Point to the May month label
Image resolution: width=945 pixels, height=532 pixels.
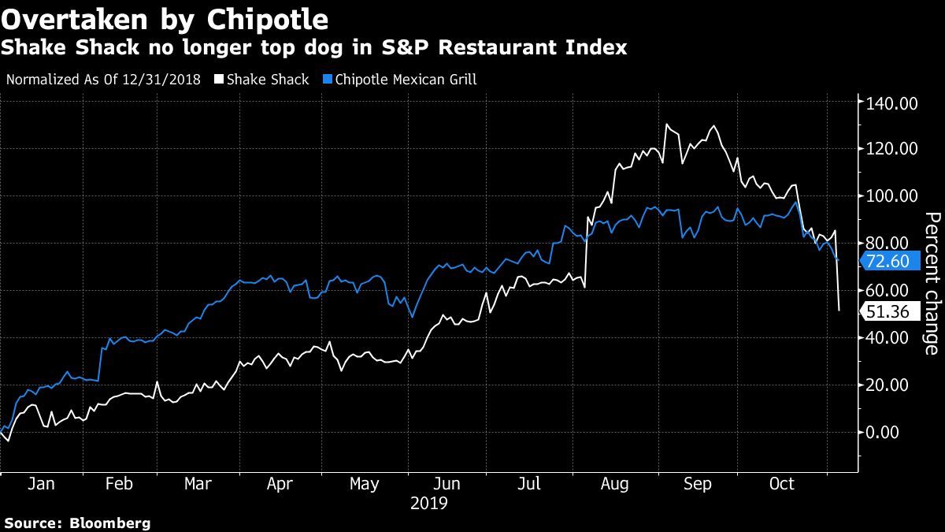(364, 485)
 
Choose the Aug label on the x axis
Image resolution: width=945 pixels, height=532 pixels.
(614, 485)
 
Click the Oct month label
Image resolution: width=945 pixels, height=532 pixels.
(782, 485)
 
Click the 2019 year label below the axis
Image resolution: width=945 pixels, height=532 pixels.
(428, 503)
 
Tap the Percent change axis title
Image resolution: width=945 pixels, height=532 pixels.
(932, 284)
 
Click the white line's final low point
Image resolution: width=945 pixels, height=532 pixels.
(839, 311)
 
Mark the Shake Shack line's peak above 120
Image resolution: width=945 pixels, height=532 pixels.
(667, 125)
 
